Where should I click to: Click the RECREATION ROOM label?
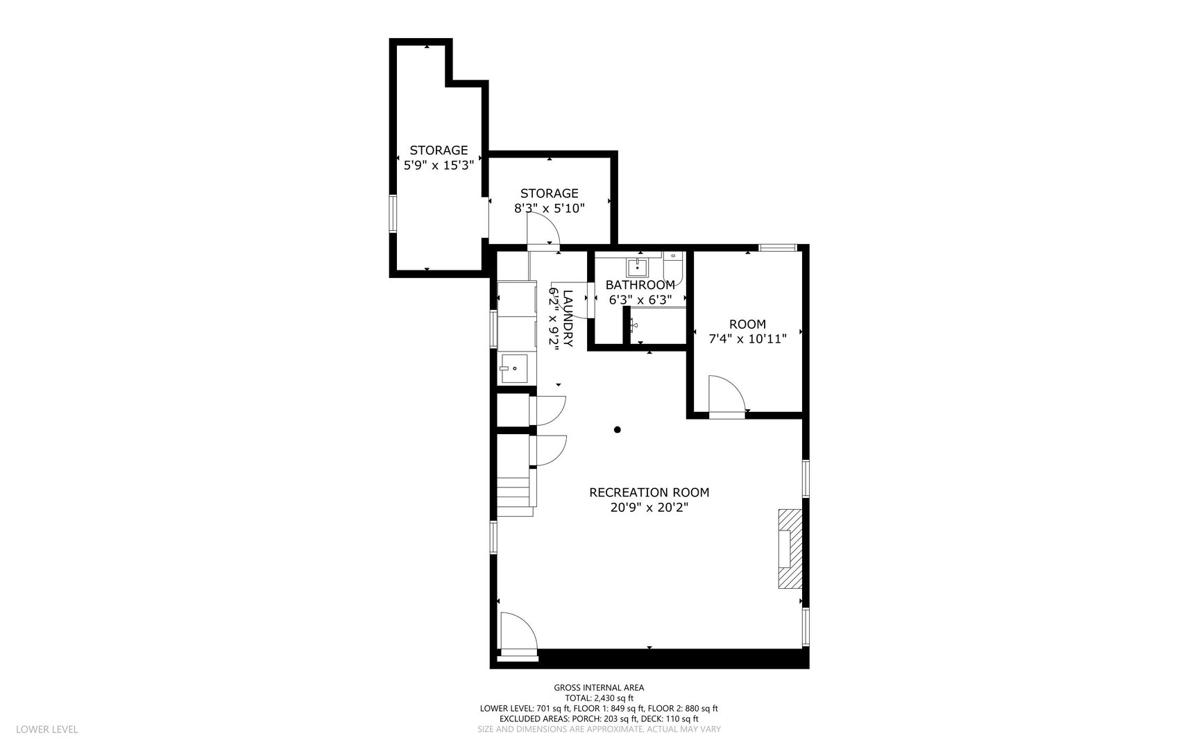[649, 492]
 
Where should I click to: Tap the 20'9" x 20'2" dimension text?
[649, 508]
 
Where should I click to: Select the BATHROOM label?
[640, 285]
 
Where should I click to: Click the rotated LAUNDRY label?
[568, 318]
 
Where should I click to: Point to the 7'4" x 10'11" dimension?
[747, 339]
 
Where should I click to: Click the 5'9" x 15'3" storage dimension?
[439, 166]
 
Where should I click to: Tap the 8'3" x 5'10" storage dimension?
[550, 208]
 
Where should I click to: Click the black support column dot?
[617, 430]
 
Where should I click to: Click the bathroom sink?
[637, 266]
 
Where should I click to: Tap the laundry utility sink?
[515, 368]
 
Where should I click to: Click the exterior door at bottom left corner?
[518, 632]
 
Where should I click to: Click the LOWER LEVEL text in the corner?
[46, 730]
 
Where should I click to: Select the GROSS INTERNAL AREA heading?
[598, 688]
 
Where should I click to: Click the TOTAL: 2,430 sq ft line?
[599, 698]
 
